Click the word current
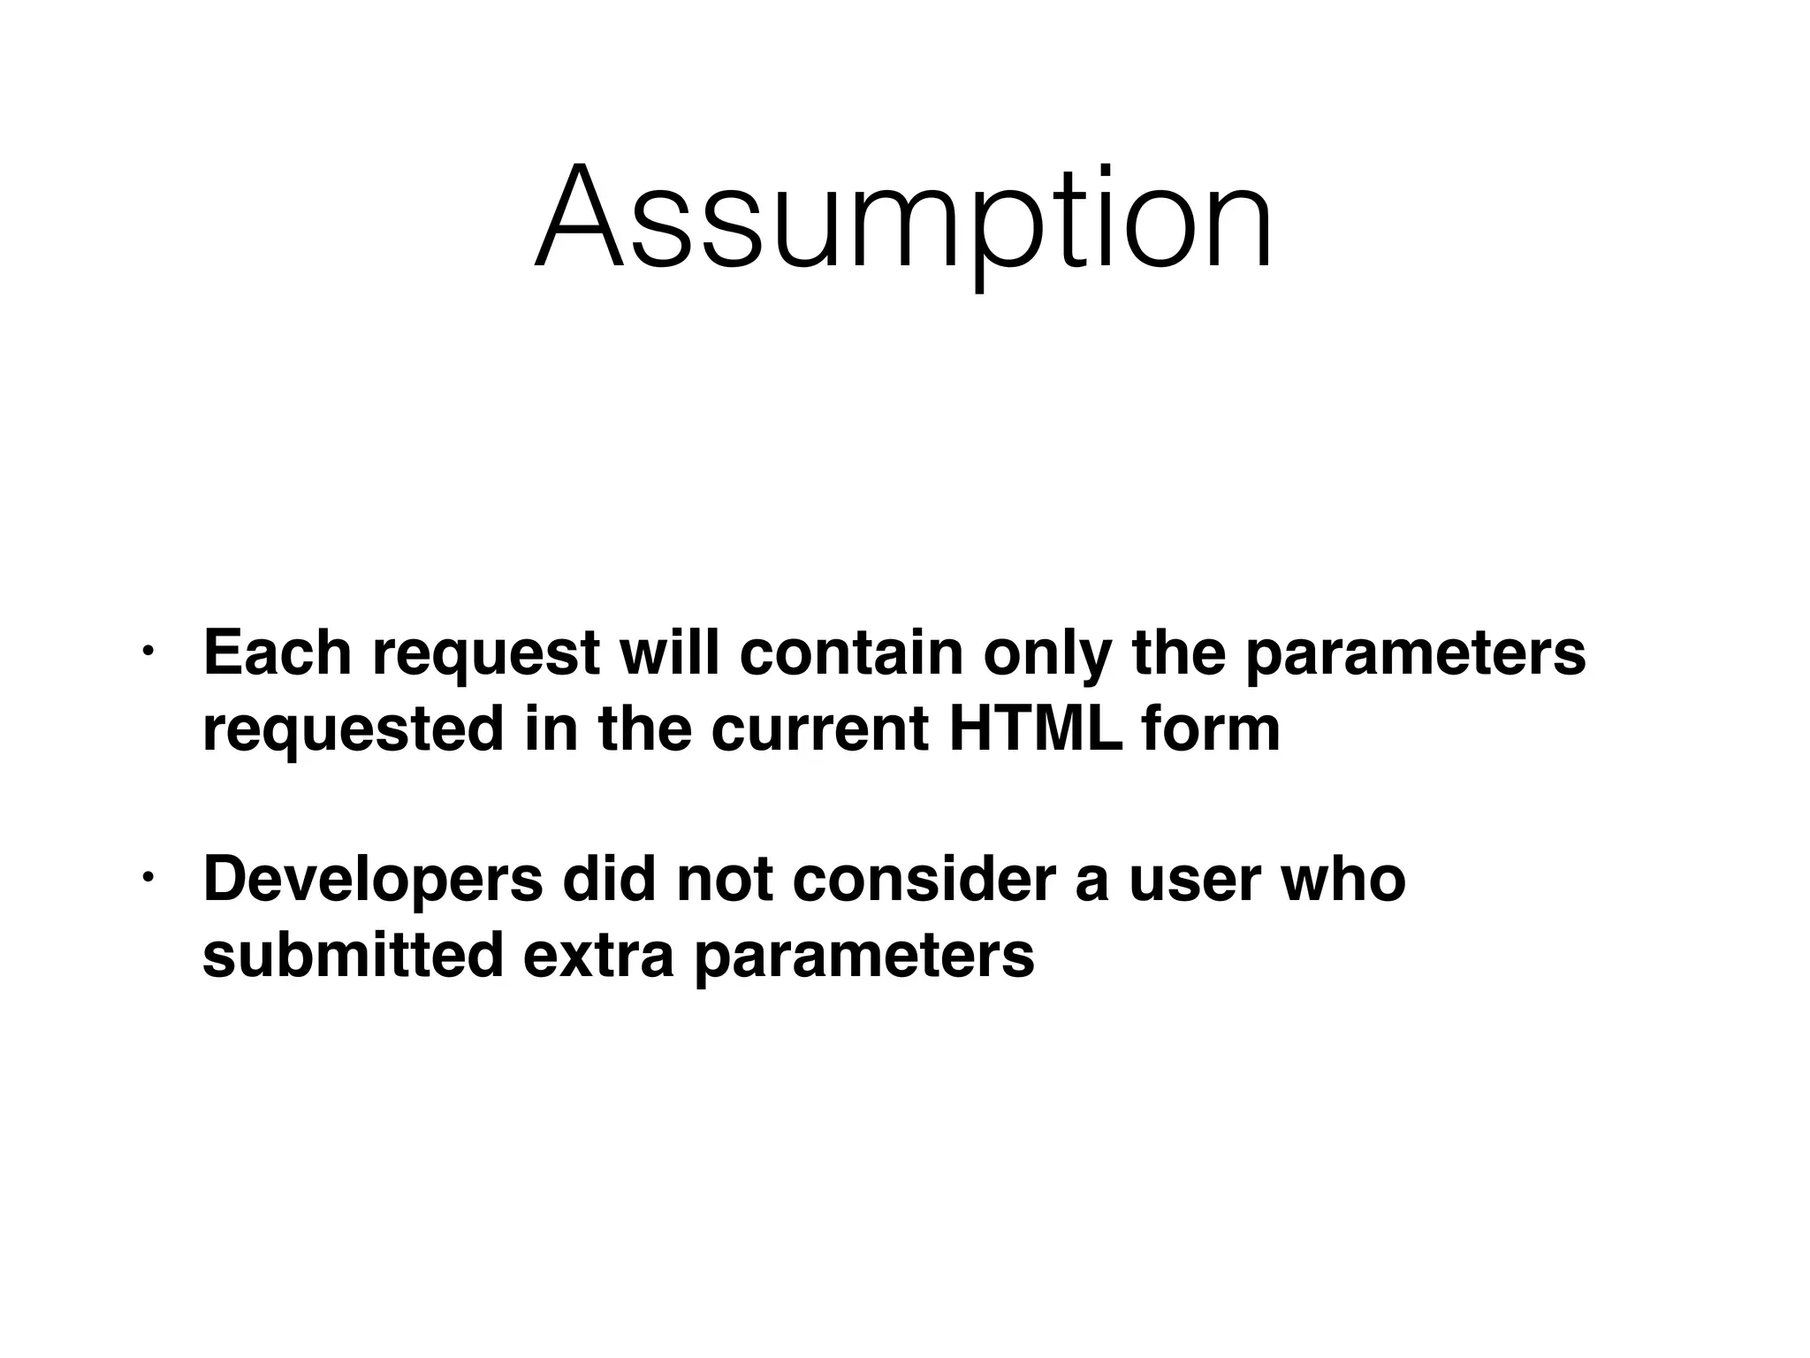[819, 730]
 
